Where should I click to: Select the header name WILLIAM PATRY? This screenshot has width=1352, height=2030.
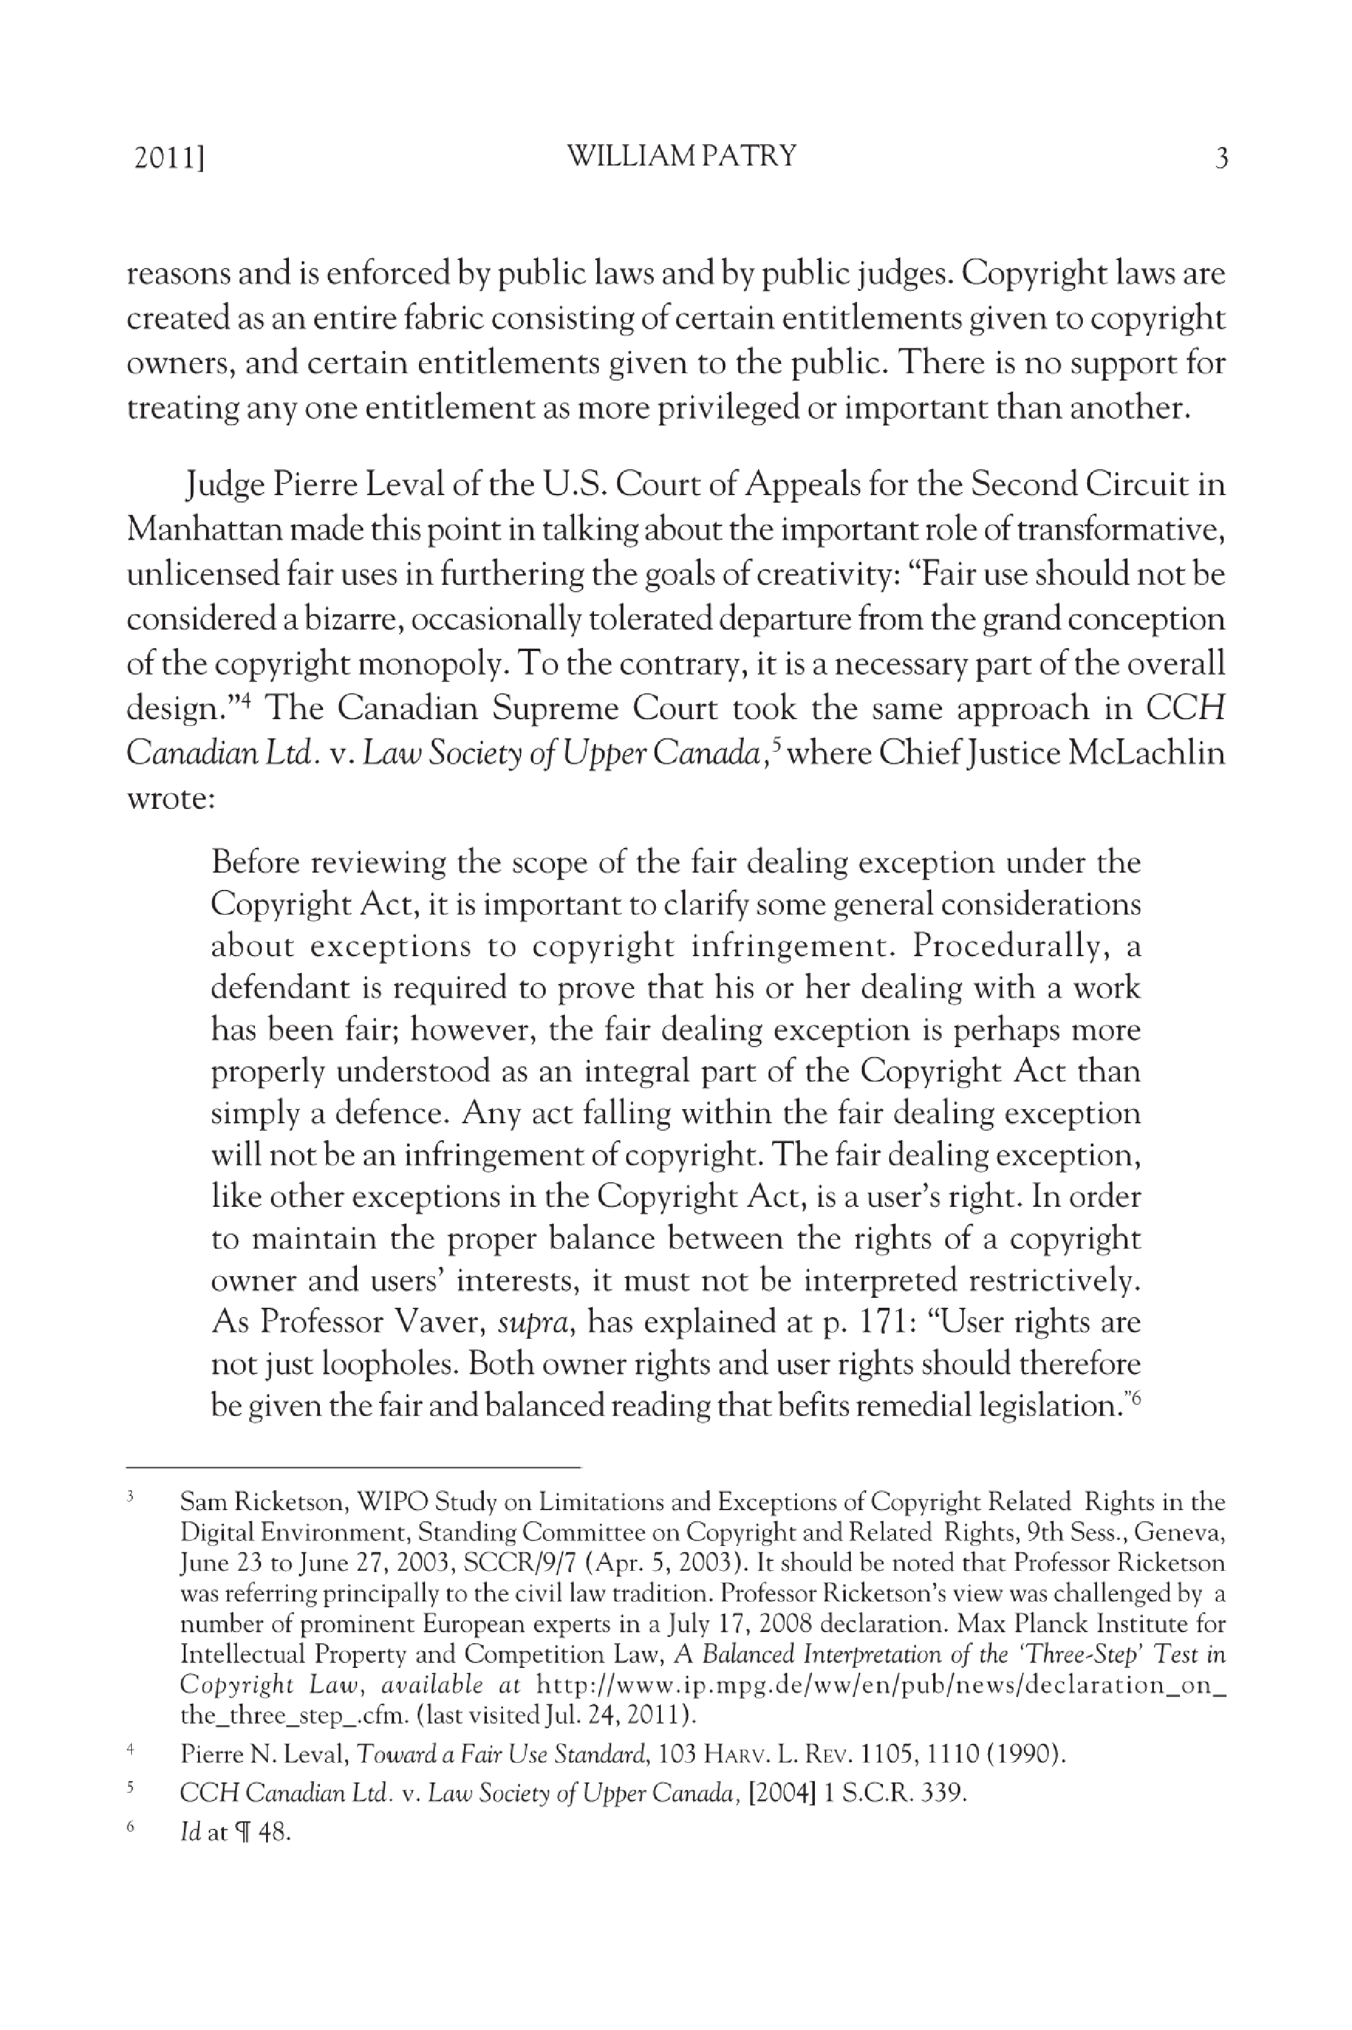[681, 156]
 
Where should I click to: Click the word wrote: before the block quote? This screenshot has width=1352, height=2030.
[170, 798]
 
